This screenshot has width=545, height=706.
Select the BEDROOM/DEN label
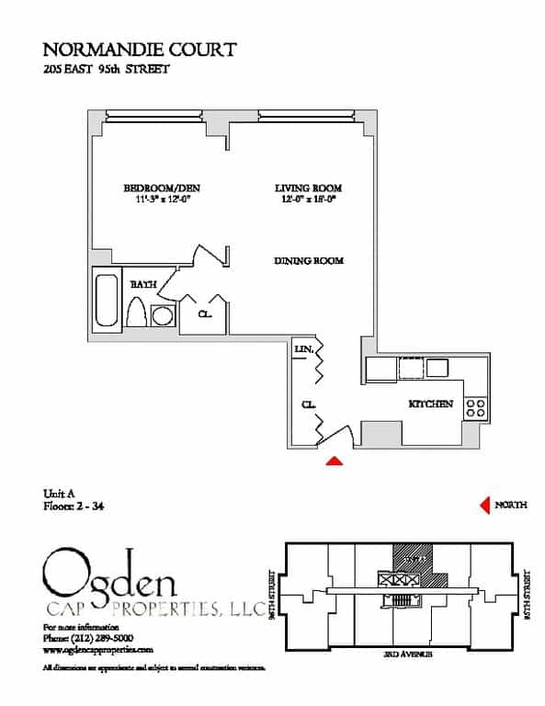pos(161,188)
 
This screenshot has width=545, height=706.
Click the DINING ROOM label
pos(308,261)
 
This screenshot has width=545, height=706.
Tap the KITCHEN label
pos(430,404)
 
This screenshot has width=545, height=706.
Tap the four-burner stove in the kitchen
pos(475,407)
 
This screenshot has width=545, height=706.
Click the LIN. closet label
pos(304,349)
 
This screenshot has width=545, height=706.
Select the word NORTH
pos(510,505)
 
